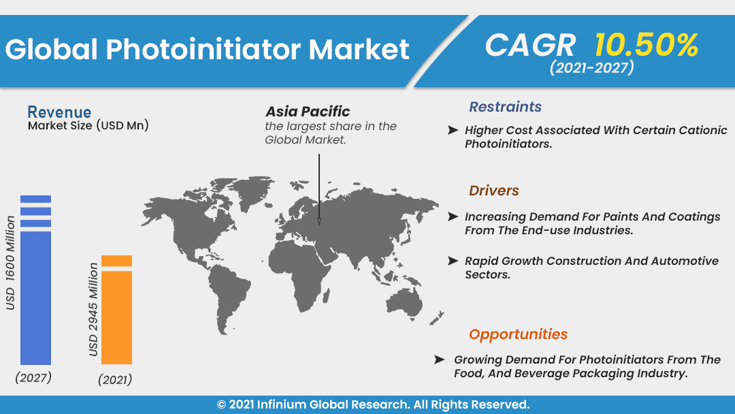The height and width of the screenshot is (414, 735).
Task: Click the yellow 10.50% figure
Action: tap(647, 46)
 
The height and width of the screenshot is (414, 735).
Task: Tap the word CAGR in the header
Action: tap(530, 46)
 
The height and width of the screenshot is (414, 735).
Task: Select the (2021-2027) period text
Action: tap(591, 67)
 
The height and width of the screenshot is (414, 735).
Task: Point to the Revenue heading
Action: tap(59, 112)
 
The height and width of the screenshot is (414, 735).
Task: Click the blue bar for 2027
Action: tap(35, 280)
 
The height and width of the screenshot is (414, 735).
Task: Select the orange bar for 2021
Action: tap(117, 309)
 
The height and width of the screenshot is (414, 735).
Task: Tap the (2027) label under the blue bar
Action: tap(33, 377)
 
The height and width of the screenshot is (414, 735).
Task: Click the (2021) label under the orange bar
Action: tap(115, 379)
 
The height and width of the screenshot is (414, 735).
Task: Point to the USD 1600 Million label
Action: tap(10, 263)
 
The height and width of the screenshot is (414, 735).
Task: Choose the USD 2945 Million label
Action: tap(93, 309)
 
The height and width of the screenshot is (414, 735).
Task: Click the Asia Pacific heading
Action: tap(308, 112)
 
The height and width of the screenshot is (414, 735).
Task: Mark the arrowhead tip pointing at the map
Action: tap(319, 225)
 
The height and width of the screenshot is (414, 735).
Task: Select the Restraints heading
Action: tap(505, 107)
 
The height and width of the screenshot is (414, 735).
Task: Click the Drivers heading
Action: tap(493, 191)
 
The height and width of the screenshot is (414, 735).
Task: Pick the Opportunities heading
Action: tap(518, 334)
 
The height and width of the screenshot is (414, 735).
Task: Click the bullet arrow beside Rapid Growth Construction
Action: tap(453, 261)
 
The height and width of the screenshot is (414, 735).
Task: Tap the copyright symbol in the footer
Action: tap(221, 404)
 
